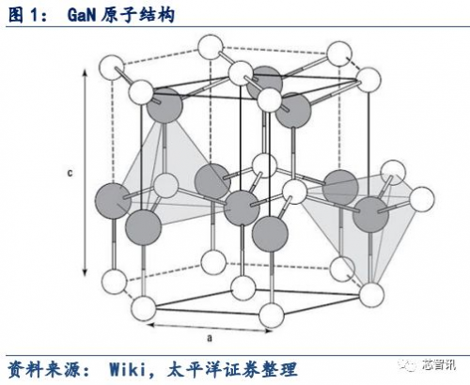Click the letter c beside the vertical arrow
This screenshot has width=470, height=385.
70,173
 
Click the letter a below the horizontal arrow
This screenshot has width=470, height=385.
210,338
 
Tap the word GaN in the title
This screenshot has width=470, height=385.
81,15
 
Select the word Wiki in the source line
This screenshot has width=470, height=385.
128,369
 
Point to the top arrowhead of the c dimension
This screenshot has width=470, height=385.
85,72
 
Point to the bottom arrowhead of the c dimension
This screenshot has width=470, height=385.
85,272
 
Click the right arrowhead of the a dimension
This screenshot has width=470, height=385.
268,331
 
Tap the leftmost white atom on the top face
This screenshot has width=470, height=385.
112,67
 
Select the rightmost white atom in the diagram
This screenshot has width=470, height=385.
422,199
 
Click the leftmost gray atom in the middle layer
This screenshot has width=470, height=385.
113,201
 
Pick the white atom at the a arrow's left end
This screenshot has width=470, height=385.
143,308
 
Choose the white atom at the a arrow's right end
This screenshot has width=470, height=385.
272,316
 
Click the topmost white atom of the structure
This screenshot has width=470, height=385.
211,47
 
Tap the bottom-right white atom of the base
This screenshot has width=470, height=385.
371,295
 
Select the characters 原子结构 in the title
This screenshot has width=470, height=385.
137,15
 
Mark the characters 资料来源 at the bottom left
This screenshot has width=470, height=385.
44,369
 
